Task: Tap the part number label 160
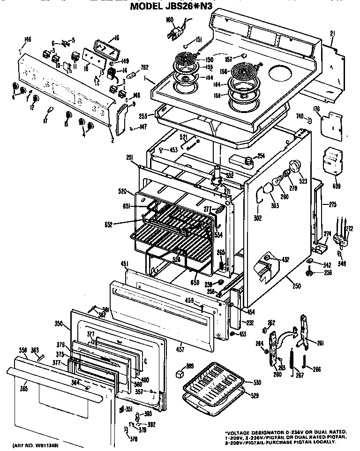(170, 20)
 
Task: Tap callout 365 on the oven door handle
(23, 388)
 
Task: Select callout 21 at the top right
(332, 33)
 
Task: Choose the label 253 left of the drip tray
(143, 115)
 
